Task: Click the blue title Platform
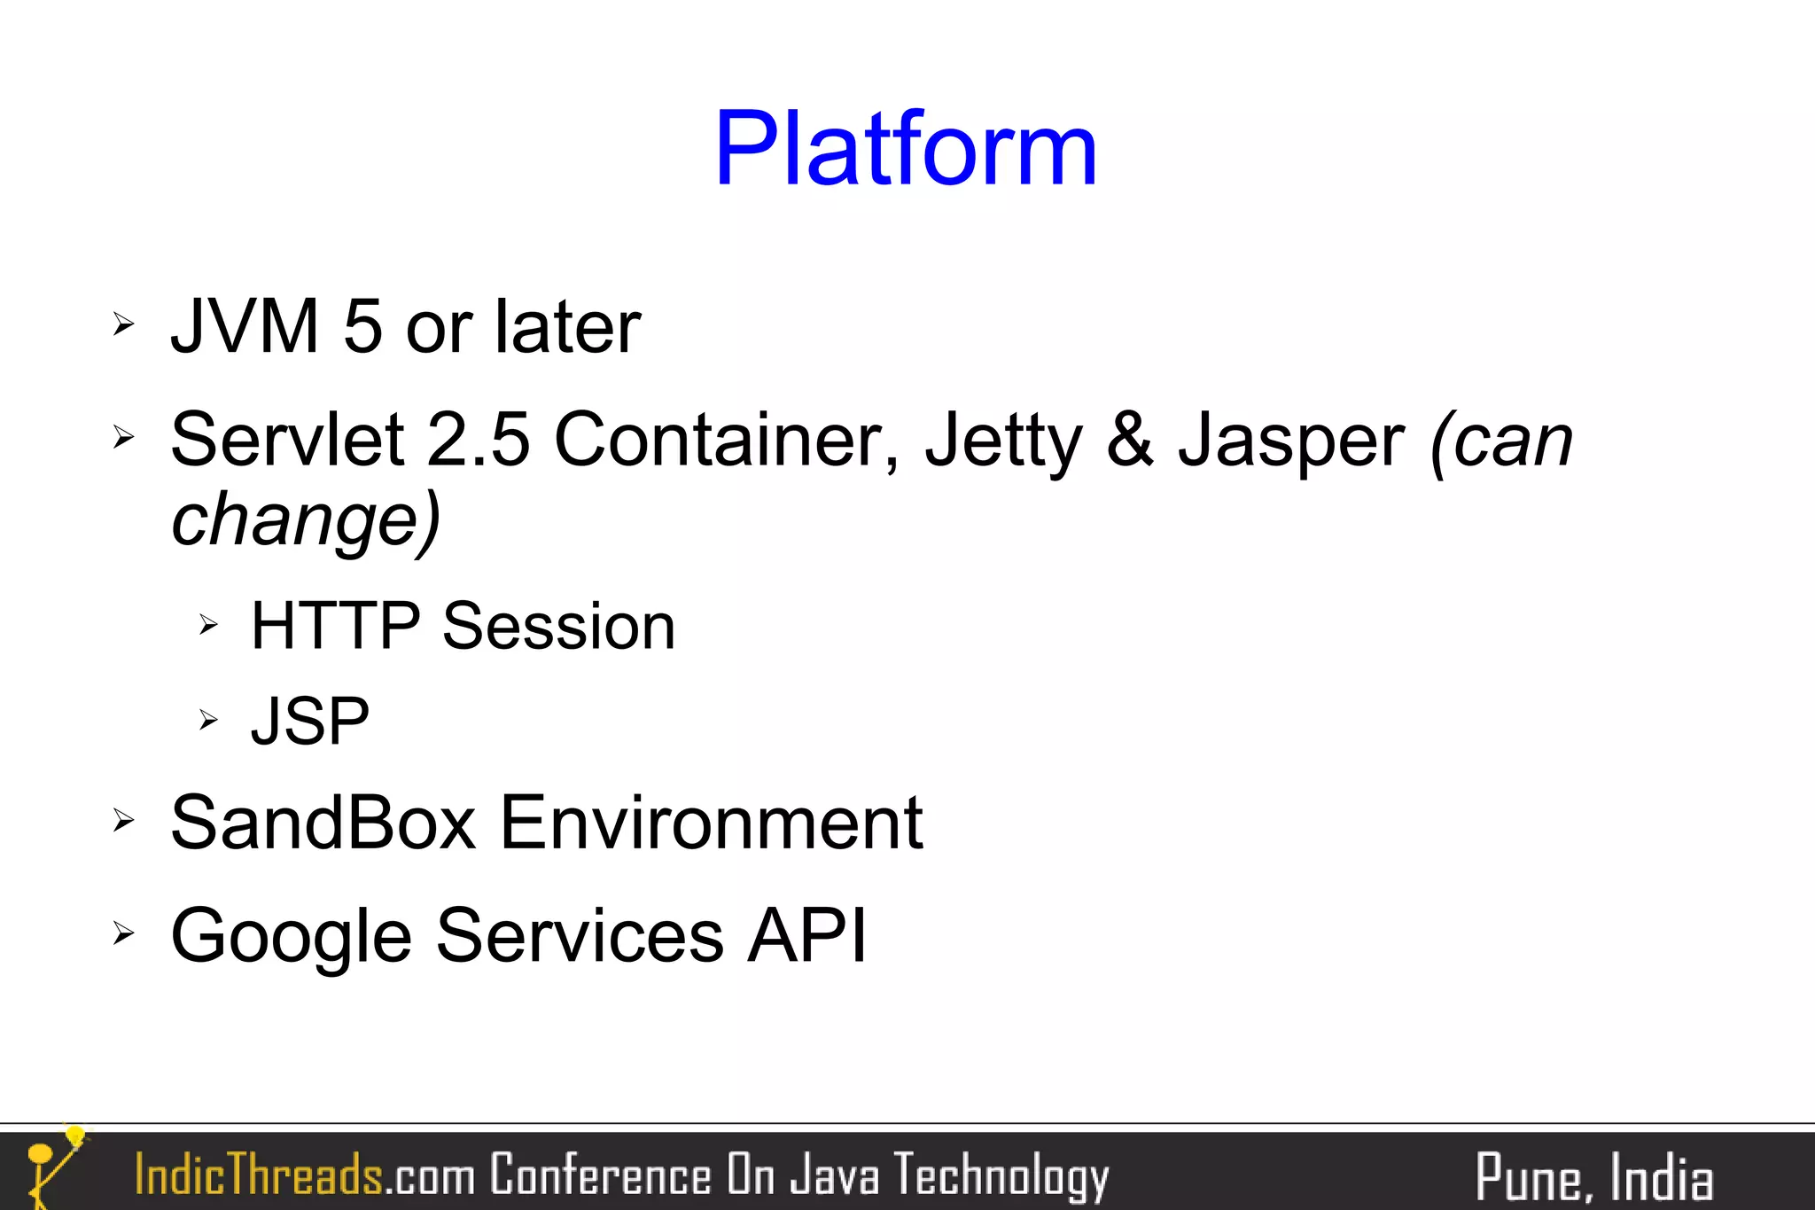point(906,149)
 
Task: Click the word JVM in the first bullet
point(245,327)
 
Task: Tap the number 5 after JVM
point(362,327)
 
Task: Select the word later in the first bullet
point(567,327)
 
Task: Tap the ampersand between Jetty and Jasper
point(1130,440)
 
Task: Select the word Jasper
point(1290,441)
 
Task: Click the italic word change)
point(306,519)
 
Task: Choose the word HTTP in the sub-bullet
point(335,627)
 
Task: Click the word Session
point(558,627)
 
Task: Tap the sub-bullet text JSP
point(310,722)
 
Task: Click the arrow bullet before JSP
point(208,719)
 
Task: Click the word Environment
point(712,824)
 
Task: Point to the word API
point(806,935)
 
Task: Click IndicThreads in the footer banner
point(258,1175)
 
